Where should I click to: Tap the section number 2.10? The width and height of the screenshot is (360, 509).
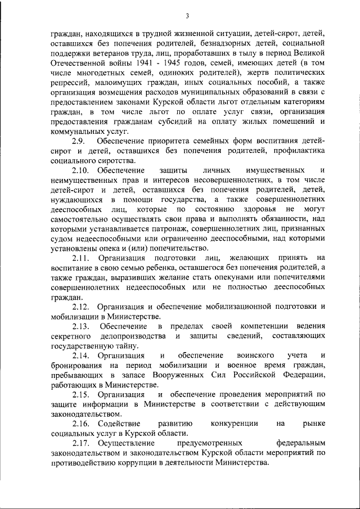[80, 170]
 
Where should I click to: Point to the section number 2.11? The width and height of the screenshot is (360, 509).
[80, 258]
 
